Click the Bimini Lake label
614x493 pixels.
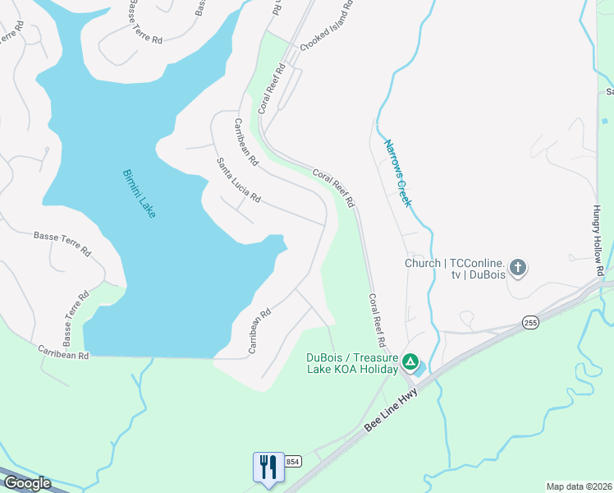[x=139, y=193]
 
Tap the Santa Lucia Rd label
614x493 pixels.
[x=238, y=181]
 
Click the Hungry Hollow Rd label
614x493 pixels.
[x=600, y=238]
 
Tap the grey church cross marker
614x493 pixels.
[x=517, y=266]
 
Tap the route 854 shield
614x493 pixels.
[x=293, y=463]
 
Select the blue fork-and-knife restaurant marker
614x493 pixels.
[x=268, y=467]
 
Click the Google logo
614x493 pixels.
[x=26, y=483]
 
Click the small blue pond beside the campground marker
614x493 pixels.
[x=420, y=371]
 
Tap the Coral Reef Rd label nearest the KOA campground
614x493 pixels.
[x=377, y=320]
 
